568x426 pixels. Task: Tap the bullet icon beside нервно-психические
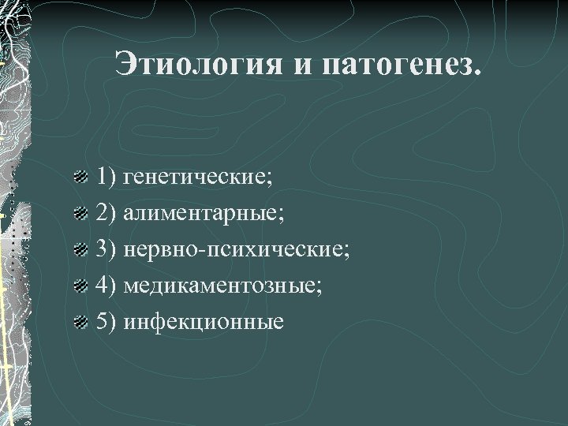click(x=80, y=251)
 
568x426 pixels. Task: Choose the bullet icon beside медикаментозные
click(x=80, y=286)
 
